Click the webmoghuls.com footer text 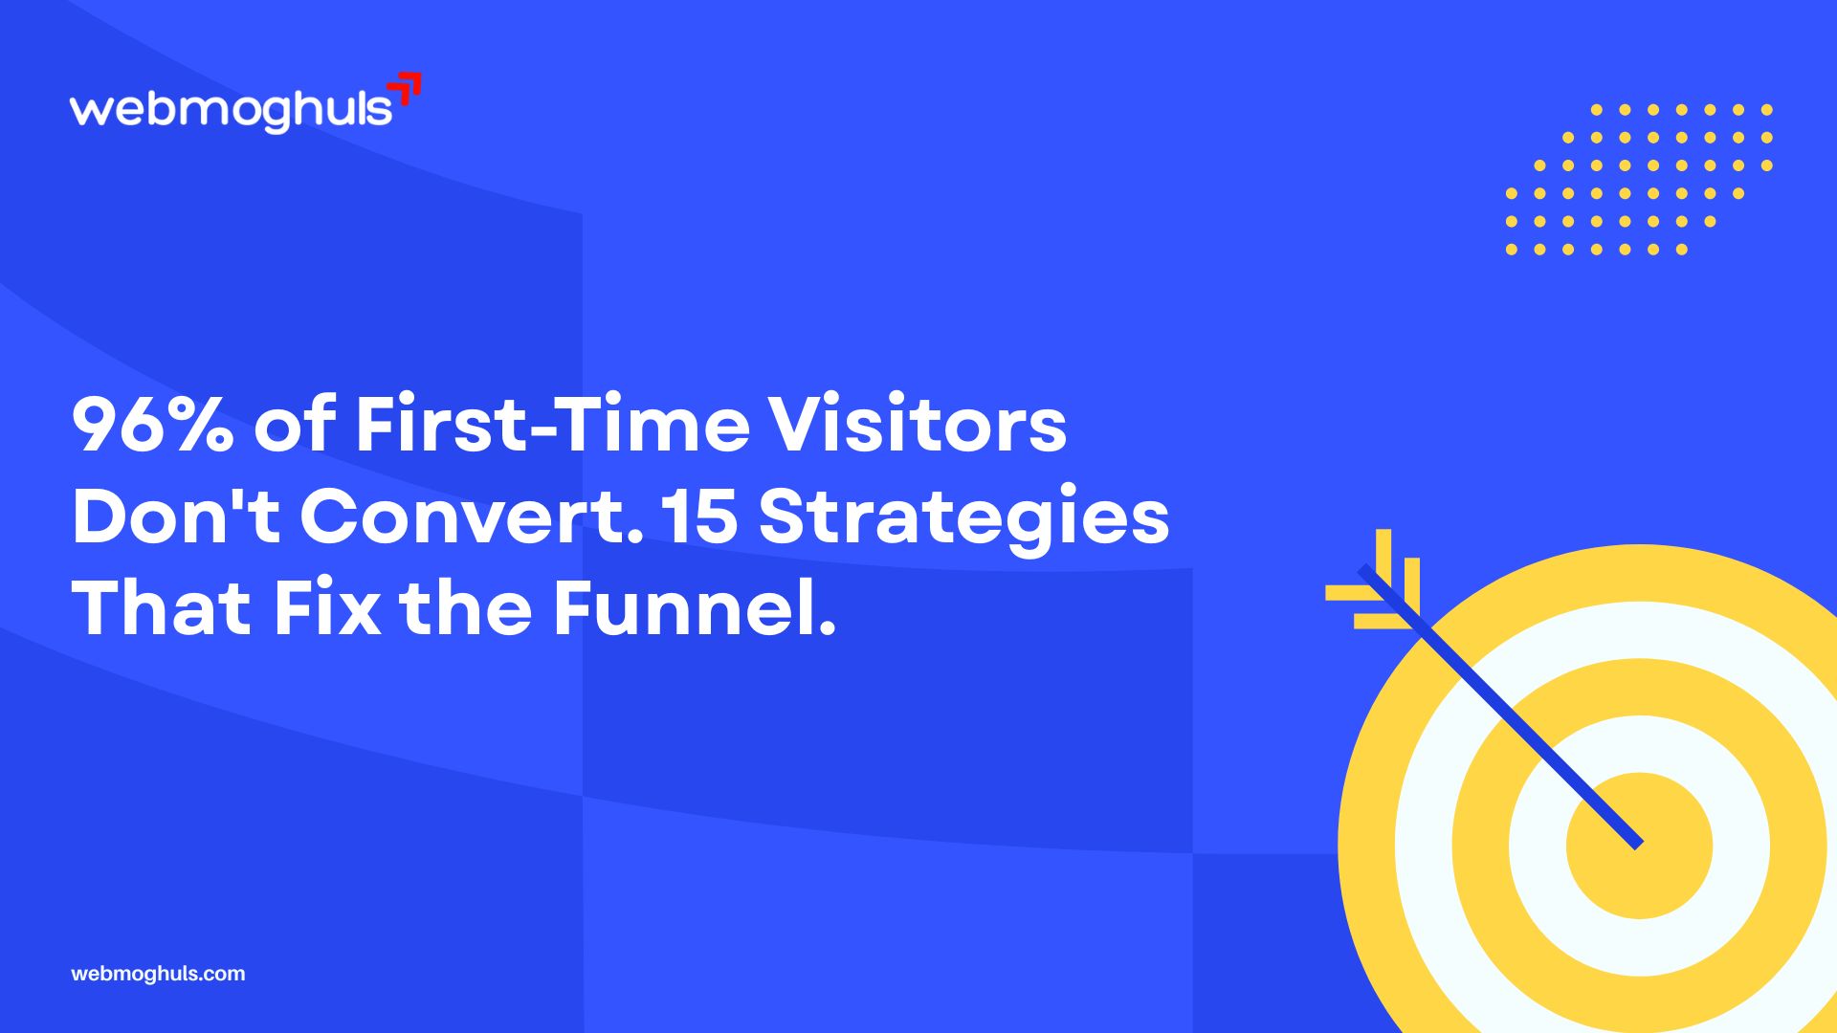(158, 974)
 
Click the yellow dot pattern (1638, 180)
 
